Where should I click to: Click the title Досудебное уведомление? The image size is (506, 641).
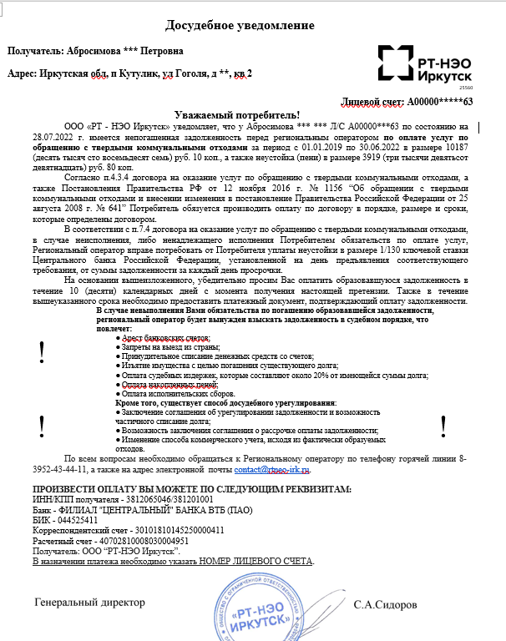252,25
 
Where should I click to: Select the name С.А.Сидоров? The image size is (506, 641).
386,603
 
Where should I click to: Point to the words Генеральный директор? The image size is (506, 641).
89,602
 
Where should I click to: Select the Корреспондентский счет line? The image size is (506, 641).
128,530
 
